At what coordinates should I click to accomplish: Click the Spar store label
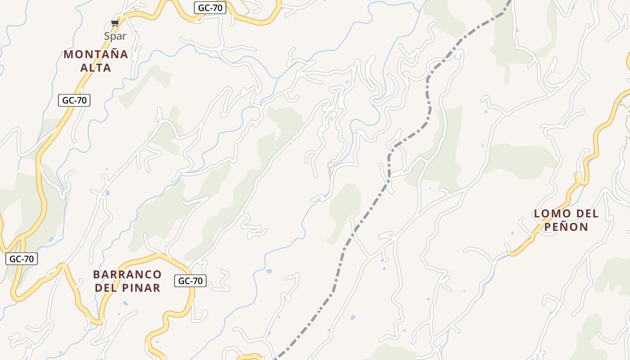point(115,36)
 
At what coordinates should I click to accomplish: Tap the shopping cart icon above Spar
point(115,23)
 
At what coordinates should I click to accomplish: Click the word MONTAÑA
point(96,54)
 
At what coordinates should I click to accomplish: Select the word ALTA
point(96,68)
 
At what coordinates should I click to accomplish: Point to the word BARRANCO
point(127,274)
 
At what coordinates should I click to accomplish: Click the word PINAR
point(142,288)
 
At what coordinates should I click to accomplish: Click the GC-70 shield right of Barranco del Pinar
point(190,281)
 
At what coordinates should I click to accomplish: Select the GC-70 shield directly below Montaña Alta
point(74,100)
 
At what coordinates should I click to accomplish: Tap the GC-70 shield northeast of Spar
point(210,8)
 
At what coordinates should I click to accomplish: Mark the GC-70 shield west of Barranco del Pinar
point(22,259)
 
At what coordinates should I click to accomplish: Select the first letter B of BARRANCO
point(96,274)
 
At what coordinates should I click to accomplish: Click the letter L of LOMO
point(537,214)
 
